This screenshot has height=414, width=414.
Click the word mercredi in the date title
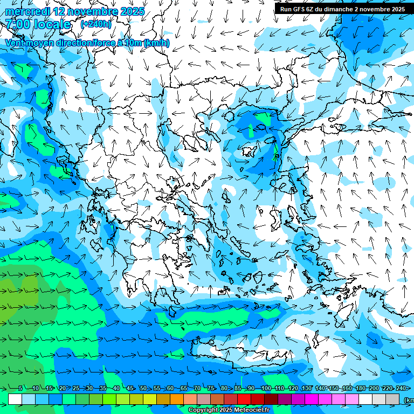pyautogui.click(x=27, y=11)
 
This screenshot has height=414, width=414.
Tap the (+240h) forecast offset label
pyautogui.click(x=96, y=24)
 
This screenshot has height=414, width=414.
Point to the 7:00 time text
pyautogui.click(x=17, y=24)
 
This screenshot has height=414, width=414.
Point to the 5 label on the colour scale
pyautogui.click(x=20, y=388)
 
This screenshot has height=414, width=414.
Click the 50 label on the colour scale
pyautogui.click(x=143, y=388)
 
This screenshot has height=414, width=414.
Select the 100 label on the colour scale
pyautogui.click(x=265, y=388)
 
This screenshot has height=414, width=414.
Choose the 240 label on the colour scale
pyautogui.click(x=401, y=388)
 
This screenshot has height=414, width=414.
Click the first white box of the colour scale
pyautogui.click(x=15, y=399)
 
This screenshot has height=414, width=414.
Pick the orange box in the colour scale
pyautogui.click(x=177, y=399)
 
